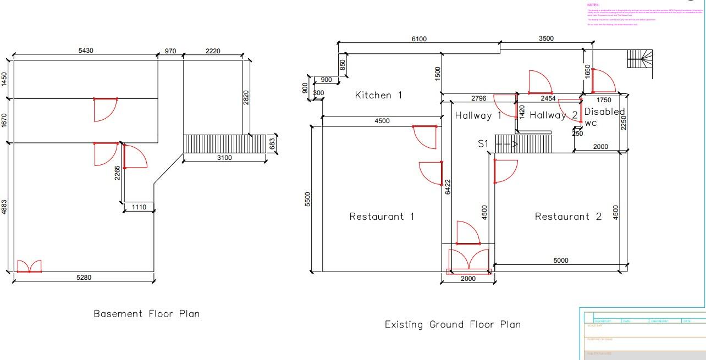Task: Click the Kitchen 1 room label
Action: (378, 95)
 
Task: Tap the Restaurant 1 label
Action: (382, 217)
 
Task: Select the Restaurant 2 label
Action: (568, 217)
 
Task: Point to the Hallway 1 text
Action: (478, 115)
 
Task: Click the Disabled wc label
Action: (604, 117)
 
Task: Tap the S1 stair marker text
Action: (483, 144)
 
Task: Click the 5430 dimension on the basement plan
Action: (86, 51)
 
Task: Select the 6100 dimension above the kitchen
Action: (419, 39)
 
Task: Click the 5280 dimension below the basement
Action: (84, 278)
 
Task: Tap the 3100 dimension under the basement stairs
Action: (224, 158)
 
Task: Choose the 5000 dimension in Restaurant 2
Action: (560, 261)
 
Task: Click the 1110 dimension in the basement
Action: (139, 207)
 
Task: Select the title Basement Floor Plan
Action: (146, 314)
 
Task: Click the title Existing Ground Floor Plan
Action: (452, 324)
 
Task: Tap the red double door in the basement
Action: (29, 267)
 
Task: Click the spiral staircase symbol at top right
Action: (641, 59)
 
